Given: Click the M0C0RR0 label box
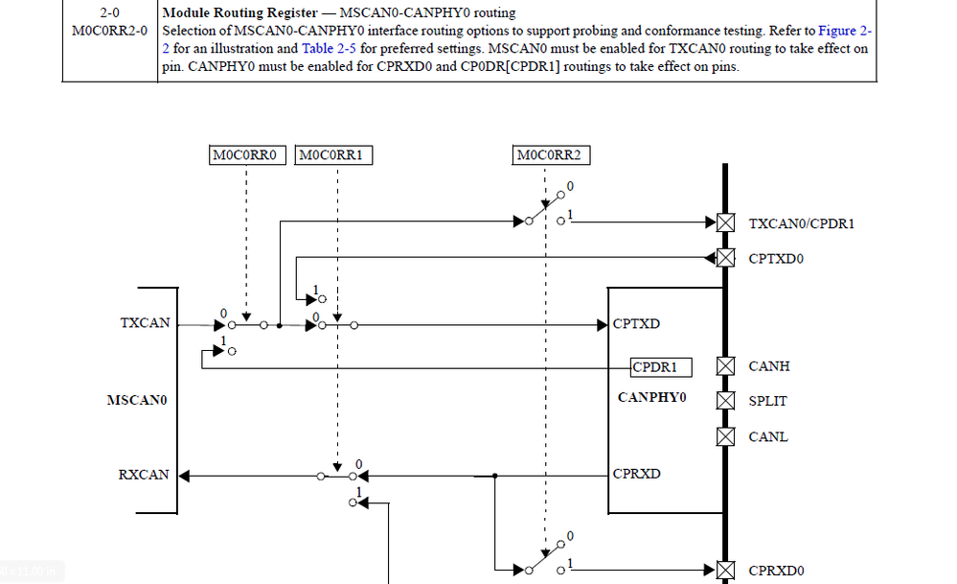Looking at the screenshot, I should click(x=247, y=154).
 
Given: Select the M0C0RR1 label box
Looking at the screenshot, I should click(x=336, y=154).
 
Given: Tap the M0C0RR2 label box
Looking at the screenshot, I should click(x=553, y=154).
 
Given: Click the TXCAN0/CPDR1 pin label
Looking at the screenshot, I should click(x=801, y=223).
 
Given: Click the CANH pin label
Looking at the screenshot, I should click(x=769, y=366).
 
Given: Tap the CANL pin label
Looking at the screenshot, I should click(x=768, y=437).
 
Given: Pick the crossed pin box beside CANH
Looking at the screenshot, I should click(x=726, y=366).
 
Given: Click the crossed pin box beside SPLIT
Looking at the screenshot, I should click(x=726, y=401).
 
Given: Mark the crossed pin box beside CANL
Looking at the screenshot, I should click(x=726, y=437).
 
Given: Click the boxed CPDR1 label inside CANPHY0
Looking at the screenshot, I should click(x=660, y=366).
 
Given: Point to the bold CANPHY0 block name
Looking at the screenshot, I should click(x=652, y=397).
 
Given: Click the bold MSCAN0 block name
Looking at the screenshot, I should click(x=137, y=399).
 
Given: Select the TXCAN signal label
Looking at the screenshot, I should click(x=145, y=323).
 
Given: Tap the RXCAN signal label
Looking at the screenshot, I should click(x=144, y=475).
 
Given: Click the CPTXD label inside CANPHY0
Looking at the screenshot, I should click(x=636, y=323).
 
